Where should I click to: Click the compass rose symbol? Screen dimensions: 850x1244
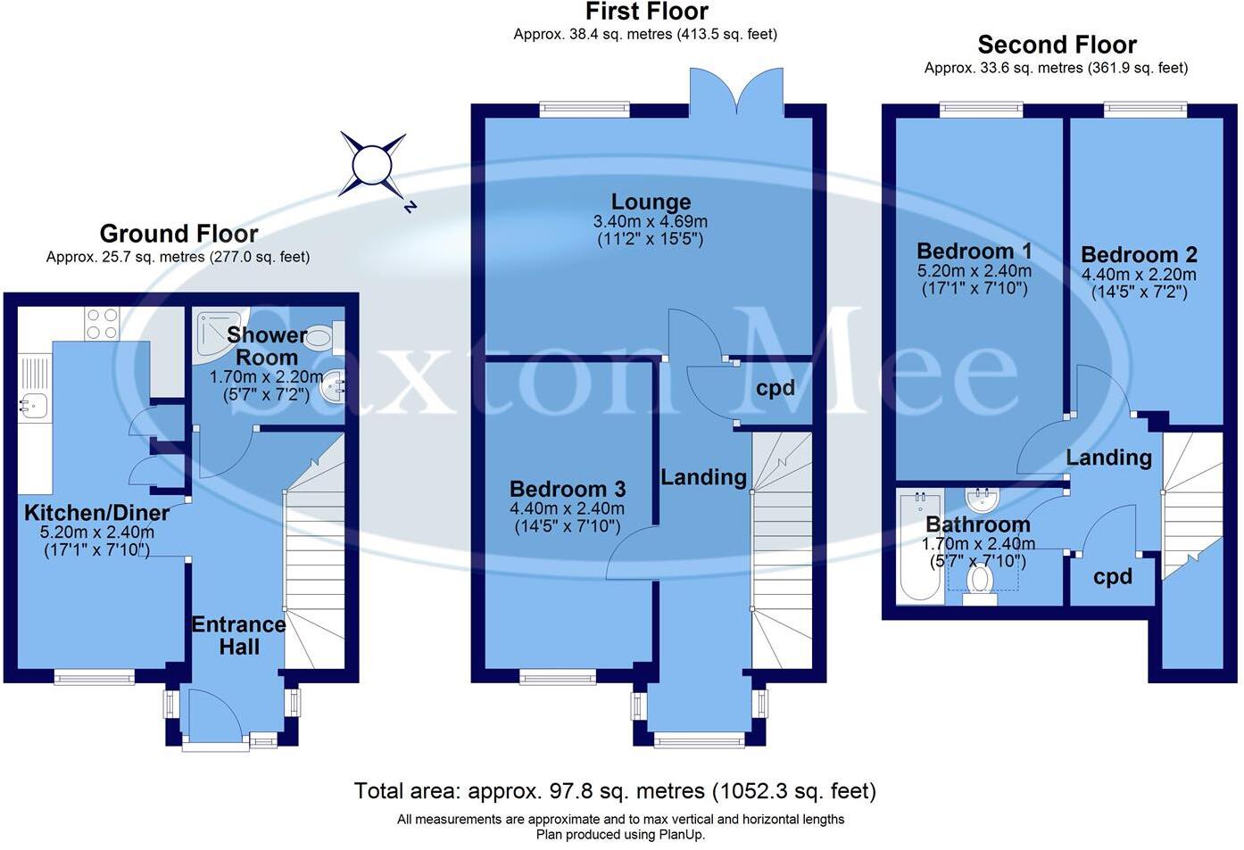click(372, 165)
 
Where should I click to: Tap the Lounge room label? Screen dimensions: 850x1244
click(651, 202)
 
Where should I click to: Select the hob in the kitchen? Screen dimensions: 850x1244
click(101, 323)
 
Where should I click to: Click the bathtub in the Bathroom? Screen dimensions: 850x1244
click(918, 547)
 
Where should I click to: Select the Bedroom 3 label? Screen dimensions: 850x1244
click(567, 489)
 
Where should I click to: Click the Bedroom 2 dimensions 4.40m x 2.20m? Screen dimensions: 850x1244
click(1139, 275)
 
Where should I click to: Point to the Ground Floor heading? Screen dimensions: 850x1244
click(178, 234)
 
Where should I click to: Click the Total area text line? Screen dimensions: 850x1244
click(615, 791)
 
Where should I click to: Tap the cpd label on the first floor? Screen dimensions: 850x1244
click(775, 388)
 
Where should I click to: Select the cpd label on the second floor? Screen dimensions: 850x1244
click(1112, 577)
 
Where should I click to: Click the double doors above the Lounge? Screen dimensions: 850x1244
click(736, 94)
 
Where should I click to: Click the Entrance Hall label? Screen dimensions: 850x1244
click(238, 635)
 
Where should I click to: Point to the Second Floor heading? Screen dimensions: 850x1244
click(1057, 45)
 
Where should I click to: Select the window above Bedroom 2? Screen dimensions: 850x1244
click(1145, 111)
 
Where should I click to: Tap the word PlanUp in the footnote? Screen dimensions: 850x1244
click(680, 835)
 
